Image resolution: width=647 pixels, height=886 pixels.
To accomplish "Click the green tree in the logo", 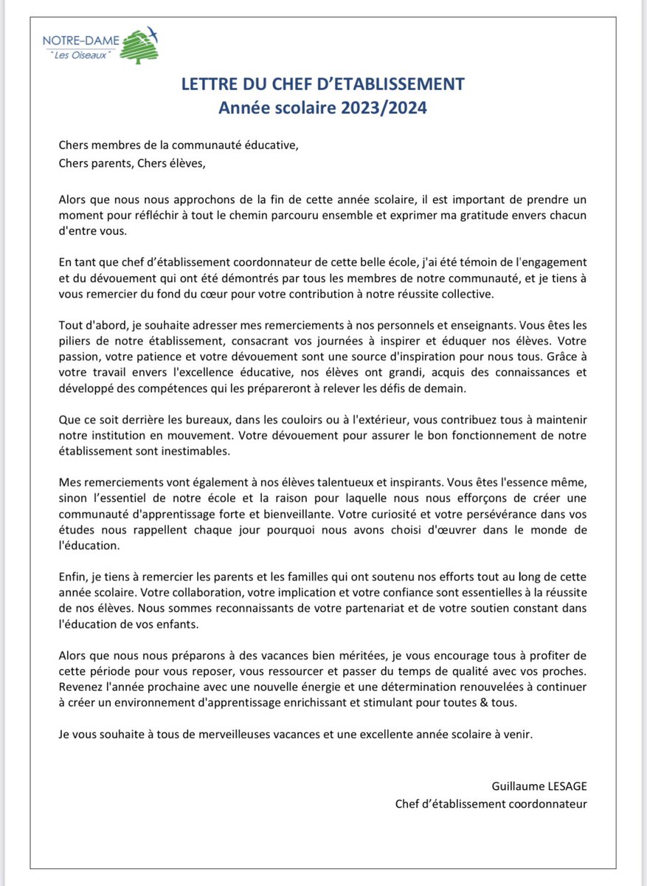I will click(x=138, y=49).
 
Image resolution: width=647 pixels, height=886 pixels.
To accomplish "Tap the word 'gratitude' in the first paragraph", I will click(x=467, y=216).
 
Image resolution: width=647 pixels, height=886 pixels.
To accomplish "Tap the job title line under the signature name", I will click(x=491, y=803).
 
